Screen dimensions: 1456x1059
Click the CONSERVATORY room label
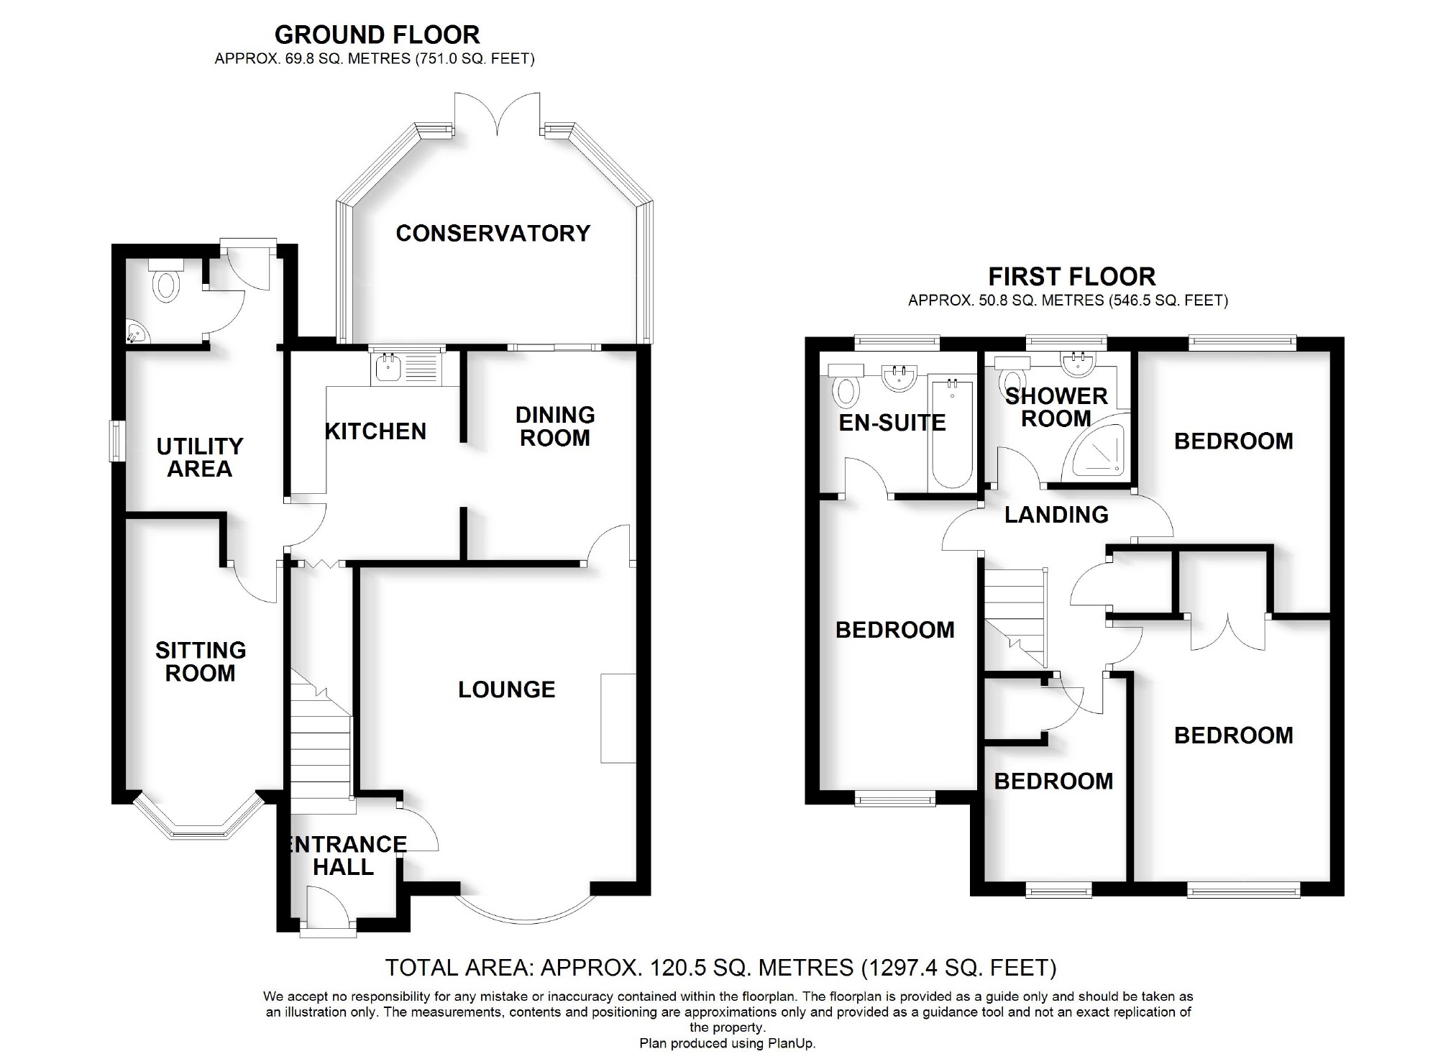point(493,233)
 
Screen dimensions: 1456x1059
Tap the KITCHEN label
point(375,431)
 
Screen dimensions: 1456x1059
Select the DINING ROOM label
point(555,426)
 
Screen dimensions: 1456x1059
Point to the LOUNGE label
point(507,689)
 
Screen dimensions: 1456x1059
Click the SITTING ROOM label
point(201,661)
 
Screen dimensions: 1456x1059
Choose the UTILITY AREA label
point(200,457)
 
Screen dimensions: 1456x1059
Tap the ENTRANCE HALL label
point(345,856)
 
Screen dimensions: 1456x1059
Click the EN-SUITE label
point(892,422)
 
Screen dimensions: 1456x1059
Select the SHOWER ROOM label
point(1056,407)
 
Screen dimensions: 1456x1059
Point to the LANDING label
point(1056,514)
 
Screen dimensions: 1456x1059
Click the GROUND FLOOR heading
point(377,35)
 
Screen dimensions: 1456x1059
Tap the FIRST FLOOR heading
point(1071,276)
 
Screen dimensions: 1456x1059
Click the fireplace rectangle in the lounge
point(618,718)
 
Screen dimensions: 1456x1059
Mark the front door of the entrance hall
point(328,910)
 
